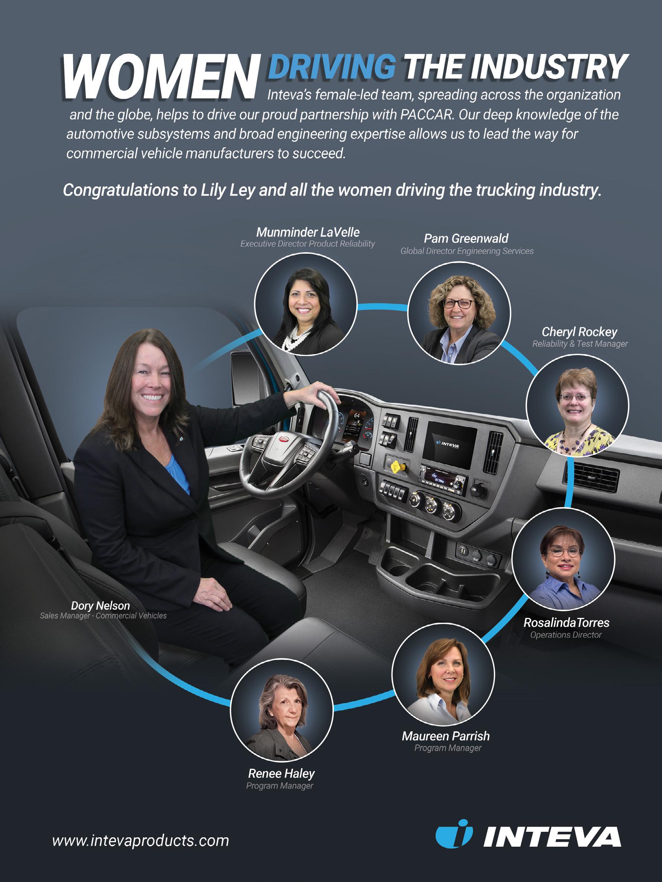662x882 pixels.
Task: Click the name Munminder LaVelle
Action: click(308, 232)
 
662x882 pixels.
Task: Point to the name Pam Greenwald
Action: click(466, 238)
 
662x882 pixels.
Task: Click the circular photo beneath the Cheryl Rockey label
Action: click(577, 405)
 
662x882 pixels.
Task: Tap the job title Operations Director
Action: click(566, 635)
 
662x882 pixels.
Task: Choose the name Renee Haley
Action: click(282, 773)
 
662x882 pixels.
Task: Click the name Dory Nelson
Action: click(100, 606)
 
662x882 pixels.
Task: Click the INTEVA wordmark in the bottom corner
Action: click(552, 837)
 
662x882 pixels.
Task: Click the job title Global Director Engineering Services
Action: click(467, 251)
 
